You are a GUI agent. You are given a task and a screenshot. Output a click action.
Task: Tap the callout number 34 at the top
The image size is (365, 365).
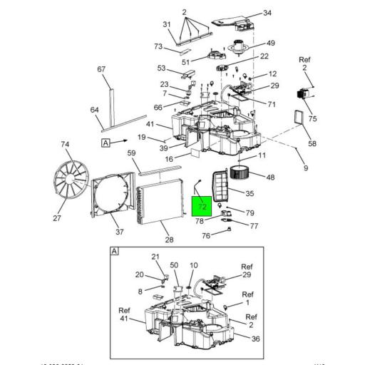(x=247, y=13)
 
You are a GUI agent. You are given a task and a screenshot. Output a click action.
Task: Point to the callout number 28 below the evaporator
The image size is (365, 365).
(x=169, y=240)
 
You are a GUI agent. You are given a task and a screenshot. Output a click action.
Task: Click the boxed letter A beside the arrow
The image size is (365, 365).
(x=106, y=143)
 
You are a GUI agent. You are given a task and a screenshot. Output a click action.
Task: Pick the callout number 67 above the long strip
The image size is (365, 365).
(x=101, y=69)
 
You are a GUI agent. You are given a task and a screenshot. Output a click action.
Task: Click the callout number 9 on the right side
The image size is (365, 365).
(x=305, y=168)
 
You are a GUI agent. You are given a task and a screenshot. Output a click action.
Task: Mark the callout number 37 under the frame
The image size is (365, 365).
(x=120, y=232)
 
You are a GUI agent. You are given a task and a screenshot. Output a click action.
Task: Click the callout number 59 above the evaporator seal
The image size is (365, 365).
(x=131, y=153)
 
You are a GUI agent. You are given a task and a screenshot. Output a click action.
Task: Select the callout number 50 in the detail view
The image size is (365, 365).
(x=174, y=265)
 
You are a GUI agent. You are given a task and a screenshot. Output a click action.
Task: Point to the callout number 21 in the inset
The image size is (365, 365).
(x=156, y=257)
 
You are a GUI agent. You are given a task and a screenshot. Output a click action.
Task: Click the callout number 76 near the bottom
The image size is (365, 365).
(x=206, y=236)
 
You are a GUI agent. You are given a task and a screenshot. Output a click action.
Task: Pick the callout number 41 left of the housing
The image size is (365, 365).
(x=150, y=124)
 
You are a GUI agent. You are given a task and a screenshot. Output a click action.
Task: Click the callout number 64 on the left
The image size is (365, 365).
(x=94, y=109)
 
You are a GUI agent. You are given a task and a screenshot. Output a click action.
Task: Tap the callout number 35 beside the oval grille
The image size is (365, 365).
(x=250, y=193)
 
